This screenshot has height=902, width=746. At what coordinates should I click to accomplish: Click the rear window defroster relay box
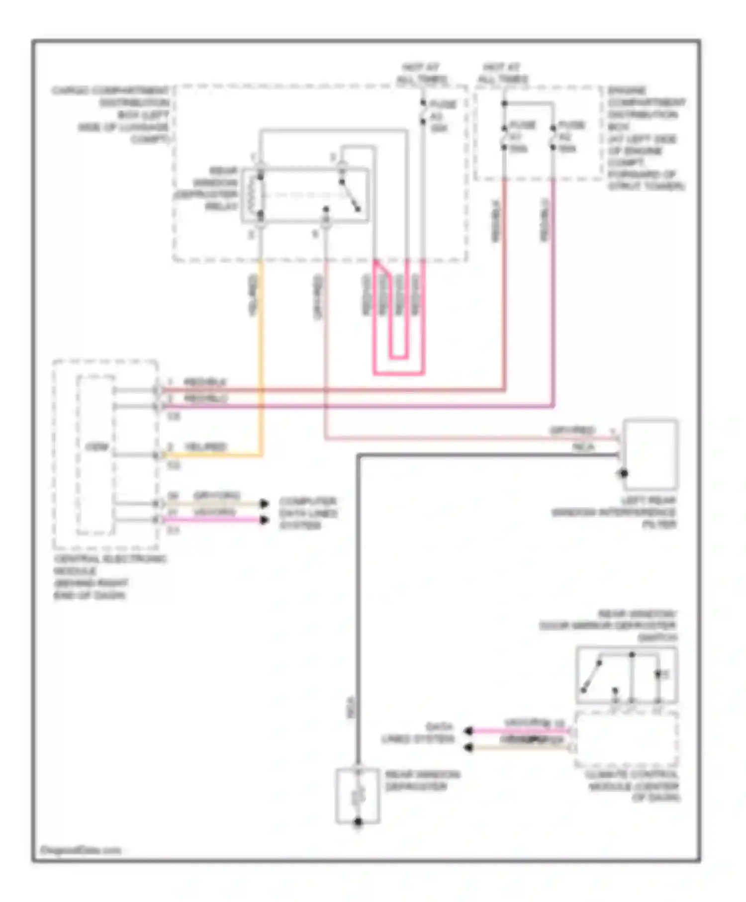pyautogui.click(x=305, y=194)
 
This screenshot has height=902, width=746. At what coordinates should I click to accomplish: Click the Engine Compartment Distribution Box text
pyautogui.click(x=645, y=138)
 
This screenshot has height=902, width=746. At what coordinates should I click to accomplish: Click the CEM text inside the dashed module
pyautogui.click(x=96, y=446)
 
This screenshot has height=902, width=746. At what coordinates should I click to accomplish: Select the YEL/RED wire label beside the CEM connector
pyautogui.click(x=205, y=447)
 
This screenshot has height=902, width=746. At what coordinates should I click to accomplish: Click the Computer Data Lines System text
pyautogui.click(x=307, y=513)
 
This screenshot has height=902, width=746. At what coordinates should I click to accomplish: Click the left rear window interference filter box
pyautogui.click(x=650, y=454)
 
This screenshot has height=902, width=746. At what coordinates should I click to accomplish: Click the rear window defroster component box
pyautogui.click(x=358, y=796)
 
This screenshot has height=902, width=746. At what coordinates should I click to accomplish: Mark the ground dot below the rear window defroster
pyautogui.click(x=358, y=823)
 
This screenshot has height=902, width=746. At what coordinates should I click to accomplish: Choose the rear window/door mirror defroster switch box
pyautogui.click(x=627, y=675)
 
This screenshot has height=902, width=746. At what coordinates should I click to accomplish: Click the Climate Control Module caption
pyautogui.click(x=632, y=786)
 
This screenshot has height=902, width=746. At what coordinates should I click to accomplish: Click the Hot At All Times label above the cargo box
pyautogui.click(x=421, y=73)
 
